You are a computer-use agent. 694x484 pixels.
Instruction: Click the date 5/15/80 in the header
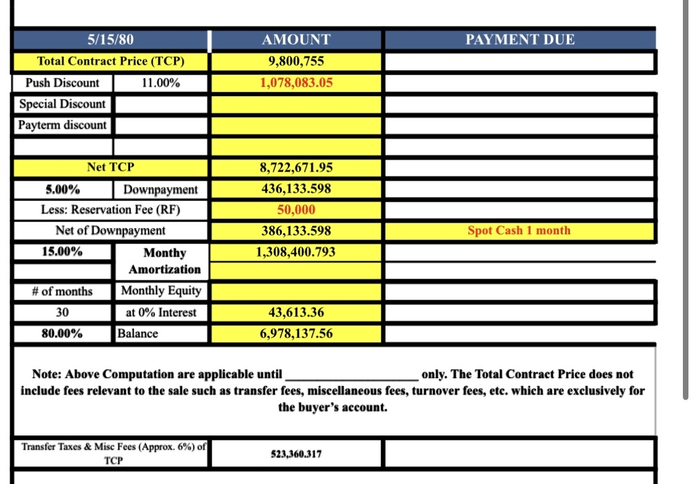[x=110, y=40]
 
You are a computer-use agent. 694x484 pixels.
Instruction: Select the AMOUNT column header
[x=296, y=40]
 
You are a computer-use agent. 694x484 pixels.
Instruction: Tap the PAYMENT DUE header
[x=519, y=40]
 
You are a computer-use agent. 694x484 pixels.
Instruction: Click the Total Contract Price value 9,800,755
[x=296, y=61]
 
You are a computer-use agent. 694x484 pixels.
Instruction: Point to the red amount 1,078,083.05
[x=296, y=83]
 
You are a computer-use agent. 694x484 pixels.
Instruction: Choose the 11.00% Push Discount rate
[x=160, y=83]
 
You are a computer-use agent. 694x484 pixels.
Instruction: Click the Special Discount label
[x=62, y=104]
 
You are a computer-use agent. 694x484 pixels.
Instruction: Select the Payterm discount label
[x=62, y=125]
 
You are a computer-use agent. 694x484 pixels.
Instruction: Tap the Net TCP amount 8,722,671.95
[x=296, y=167]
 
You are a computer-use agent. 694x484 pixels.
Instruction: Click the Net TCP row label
[x=110, y=167]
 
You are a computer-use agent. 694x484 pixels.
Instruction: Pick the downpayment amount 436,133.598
[x=296, y=189]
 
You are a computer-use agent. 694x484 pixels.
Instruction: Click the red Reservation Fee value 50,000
[x=296, y=210]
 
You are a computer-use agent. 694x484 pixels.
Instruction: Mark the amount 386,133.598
[x=296, y=231]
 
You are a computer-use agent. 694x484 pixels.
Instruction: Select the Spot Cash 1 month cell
[x=519, y=231]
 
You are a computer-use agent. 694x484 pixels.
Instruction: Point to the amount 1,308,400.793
[x=296, y=252]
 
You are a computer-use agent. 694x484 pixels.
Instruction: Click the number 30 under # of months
[x=62, y=313]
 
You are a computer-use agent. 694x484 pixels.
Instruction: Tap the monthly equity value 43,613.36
[x=296, y=313]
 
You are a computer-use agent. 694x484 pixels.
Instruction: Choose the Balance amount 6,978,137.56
[x=296, y=334]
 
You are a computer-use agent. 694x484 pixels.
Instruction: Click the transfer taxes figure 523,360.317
[x=296, y=454]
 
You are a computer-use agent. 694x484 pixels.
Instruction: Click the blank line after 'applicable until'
[x=351, y=375]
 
